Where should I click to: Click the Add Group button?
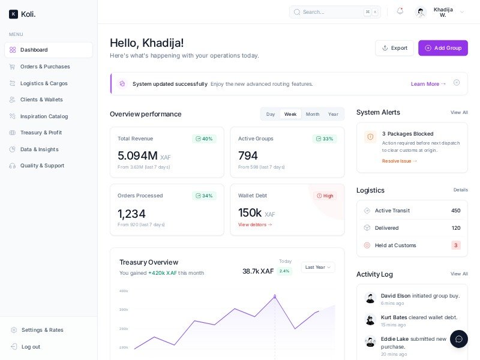tap(443, 48)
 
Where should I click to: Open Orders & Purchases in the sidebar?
tap(45, 67)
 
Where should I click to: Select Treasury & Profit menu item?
tap(41, 133)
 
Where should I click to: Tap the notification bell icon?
tap(400, 11)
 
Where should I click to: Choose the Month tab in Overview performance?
tap(313, 114)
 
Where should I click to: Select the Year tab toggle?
tap(333, 114)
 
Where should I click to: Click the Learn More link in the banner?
tap(428, 84)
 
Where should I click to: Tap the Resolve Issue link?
tap(399, 161)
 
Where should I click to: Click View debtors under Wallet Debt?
tap(255, 224)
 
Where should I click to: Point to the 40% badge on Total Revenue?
tap(204, 139)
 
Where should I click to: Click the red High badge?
tap(325, 196)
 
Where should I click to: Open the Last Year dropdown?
tap(317, 267)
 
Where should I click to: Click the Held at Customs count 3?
tap(455, 245)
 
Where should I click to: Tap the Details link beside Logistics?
tap(460, 190)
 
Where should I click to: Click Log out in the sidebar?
tap(31, 347)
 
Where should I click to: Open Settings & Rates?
tap(42, 330)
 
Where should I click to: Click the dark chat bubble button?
tap(459, 339)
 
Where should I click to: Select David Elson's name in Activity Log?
tap(395, 295)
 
